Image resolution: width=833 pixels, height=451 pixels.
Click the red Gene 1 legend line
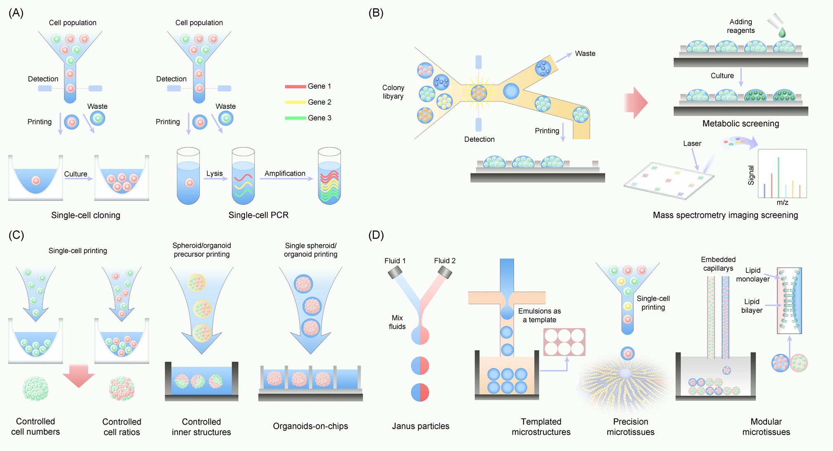pyautogui.click(x=295, y=87)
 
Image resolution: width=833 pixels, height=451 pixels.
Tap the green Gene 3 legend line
pyautogui.click(x=295, y=118)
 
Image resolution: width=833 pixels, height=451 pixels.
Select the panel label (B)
pyautogui.click(x=375, y=13)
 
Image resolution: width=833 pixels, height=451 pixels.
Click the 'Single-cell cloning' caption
pyautogui.click(x=85, y=215)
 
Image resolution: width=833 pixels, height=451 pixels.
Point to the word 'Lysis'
pyautogui.click(x=214, y=174)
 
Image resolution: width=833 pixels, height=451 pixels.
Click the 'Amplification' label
pyautogui.click(x=285, y=174)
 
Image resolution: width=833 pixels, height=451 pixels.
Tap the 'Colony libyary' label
pyautogui.click(x=393, y=92)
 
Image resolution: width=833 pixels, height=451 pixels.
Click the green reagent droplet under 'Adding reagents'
pyautogui.click(x=782, y=33)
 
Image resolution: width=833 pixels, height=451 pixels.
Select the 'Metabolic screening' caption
pyautogui.click(x=741, y=124)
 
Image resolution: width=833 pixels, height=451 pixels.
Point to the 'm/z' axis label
pyautogui.click(x=782, y=202)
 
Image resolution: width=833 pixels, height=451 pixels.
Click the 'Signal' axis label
pyautogui.click(x=751, y=175)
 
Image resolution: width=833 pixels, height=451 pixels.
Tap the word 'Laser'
pyautogui.click(x=692, y=143)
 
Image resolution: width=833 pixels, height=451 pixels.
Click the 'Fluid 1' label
pyautogui.click(x=395, y=261)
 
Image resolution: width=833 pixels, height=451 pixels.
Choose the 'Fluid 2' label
pyautogui.click(x=444, y=261)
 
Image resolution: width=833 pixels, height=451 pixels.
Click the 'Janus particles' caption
pyautogui.click(x=420, y=426)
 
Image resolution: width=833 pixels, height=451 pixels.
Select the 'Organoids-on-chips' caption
pyautogui.click(x=310, y=426)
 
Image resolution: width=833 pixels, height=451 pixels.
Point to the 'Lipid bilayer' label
pyautogui.click(x=752, y=306)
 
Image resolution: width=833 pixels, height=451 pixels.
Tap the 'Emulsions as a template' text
pyautogui.click(x=539, y=315)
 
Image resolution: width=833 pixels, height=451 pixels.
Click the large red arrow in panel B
pyautogui.click(x=635, y=102)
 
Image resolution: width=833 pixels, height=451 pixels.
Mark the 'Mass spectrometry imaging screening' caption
pyautogui.click(x=725, y=215)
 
